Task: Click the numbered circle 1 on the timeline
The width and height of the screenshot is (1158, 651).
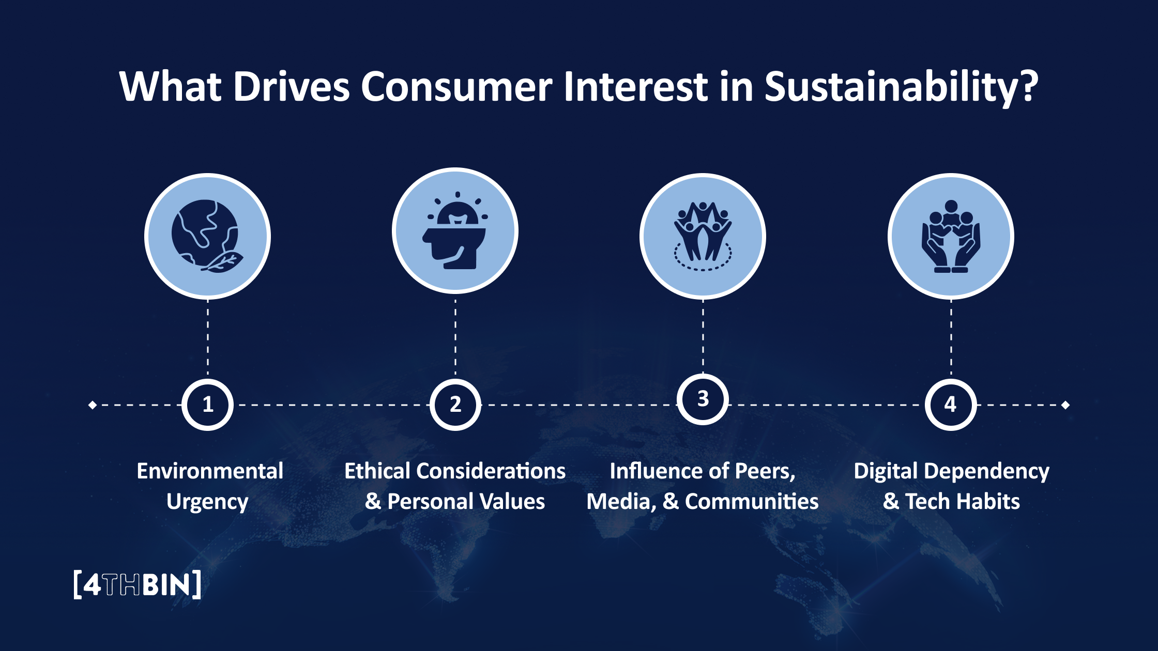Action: (207, 405)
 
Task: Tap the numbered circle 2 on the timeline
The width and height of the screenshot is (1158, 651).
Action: (455, 405)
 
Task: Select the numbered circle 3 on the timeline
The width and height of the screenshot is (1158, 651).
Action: (703, 399)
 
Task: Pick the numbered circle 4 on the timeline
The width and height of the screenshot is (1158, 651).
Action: (950, 405)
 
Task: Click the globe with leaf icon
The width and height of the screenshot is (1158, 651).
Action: (207, 236)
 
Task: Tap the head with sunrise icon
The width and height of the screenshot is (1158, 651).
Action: (455, 231)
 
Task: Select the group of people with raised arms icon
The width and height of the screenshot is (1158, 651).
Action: (703, 236)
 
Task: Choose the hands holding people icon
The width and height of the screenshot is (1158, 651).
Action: (951, 236)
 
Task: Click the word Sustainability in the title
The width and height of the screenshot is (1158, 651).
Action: (901, 87)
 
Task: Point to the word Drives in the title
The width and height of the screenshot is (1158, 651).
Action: (292, 87)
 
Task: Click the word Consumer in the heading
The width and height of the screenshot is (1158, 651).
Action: (456, 87)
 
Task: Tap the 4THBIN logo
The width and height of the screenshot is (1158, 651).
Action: (137, 585)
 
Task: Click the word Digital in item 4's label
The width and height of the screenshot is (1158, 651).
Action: (885, 471)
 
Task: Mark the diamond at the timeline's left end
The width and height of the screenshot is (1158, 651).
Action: (93, 405)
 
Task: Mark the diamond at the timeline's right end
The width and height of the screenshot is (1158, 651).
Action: (1065, 405)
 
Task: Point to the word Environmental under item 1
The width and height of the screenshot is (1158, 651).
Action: (210, 471)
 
